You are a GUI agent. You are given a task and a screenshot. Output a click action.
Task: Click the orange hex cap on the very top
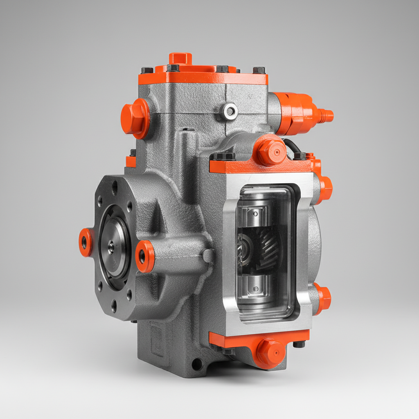(180, 58)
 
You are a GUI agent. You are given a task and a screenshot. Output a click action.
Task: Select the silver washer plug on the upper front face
(231, 111)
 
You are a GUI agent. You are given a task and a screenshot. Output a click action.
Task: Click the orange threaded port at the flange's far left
(85, 242)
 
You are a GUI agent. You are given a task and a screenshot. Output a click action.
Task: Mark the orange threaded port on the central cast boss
(144, 256)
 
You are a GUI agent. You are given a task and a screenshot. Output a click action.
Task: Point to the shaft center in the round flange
(111, 247)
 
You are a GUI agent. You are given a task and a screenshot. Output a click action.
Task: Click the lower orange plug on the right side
(324, 298)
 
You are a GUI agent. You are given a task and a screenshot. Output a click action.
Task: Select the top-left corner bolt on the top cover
(147, 70)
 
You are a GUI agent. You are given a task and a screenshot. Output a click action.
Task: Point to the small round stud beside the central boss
(208, 256)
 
